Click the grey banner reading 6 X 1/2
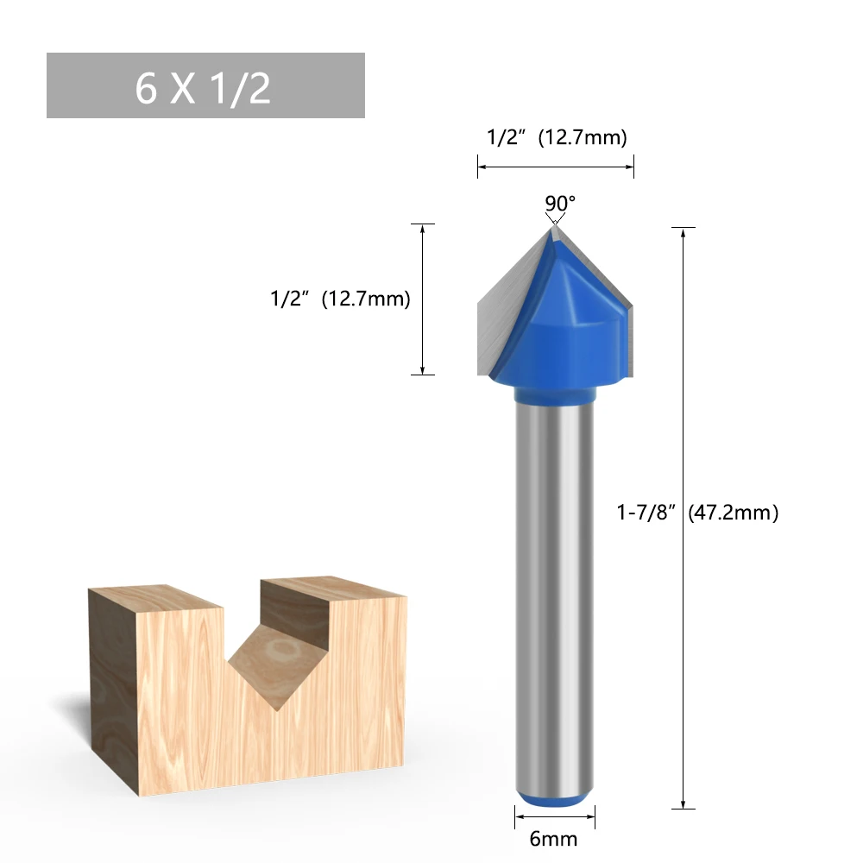click(x=205, y=85)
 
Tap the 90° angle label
click(x=560, y=203)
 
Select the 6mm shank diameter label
click(x=553, y=839)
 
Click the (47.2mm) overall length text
click(x=733, y=513)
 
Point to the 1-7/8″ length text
click(x=646, y=513)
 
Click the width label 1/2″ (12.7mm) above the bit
click(x=557, y=137)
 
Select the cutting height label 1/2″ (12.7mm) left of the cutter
click(x=340, y=299)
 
